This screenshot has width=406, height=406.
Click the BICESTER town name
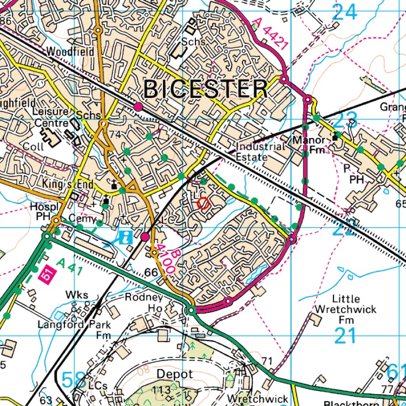point(206,89)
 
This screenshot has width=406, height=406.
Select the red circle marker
point(203,203)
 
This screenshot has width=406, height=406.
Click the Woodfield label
point(70,51)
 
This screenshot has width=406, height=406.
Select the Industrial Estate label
point(260,151)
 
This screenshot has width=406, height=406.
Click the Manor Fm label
point(309,145)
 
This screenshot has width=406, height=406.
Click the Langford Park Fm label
point(74,330)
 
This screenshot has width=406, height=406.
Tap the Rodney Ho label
point(144,302)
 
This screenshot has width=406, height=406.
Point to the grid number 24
point(345,12)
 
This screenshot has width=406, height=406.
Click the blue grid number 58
point(75,380)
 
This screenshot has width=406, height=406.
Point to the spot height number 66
point(151,272)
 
